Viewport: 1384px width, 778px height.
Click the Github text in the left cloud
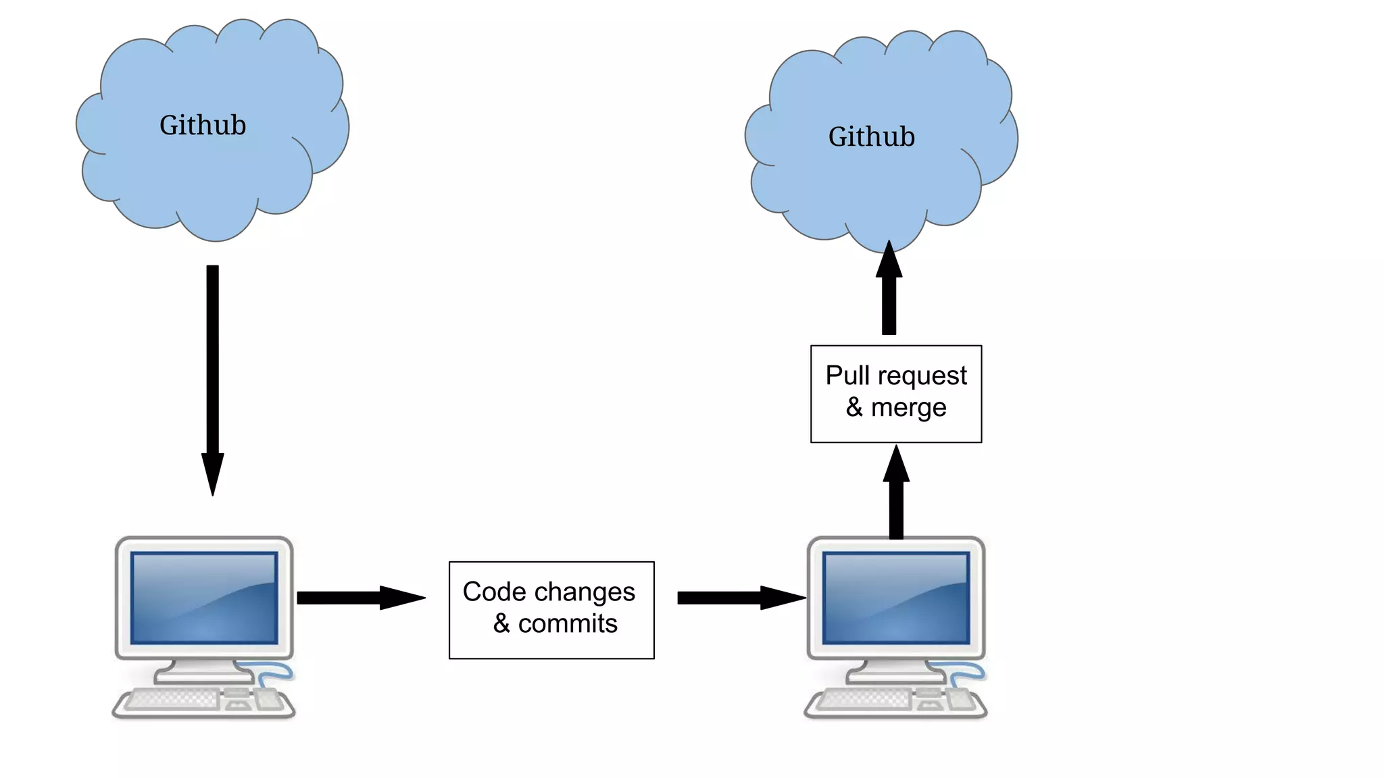click(203, 126)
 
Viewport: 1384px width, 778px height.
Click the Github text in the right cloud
click(872, 137)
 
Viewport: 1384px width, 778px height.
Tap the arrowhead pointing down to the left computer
click(212, 473)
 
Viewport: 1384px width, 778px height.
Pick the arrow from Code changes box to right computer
click(741, 598)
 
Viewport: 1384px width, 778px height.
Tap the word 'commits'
click(568, 624)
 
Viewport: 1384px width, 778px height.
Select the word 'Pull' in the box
click(847, 375)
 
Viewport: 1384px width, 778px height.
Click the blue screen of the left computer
click(204, 598)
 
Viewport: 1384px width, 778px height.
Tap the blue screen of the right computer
click(896, 598)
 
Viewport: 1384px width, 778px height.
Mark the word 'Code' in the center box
click(494, 592)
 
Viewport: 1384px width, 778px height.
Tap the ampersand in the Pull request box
click(854, 407)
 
